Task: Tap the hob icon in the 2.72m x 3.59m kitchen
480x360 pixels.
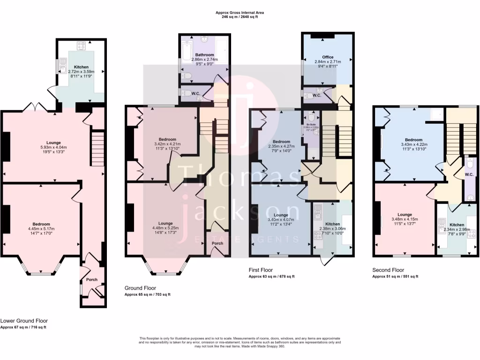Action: [81, 46]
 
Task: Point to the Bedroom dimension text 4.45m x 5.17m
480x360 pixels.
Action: [41, 229]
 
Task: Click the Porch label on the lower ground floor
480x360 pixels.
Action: [92, 280]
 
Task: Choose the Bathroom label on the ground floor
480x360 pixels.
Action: [204, 55]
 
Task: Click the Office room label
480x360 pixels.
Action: [328, 57]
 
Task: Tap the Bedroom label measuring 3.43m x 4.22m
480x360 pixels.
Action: [414, 140]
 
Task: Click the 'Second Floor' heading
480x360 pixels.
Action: [388, 270]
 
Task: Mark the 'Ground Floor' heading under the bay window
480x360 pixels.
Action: [140, 288]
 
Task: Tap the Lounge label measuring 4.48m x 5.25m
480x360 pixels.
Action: [165, 223]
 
